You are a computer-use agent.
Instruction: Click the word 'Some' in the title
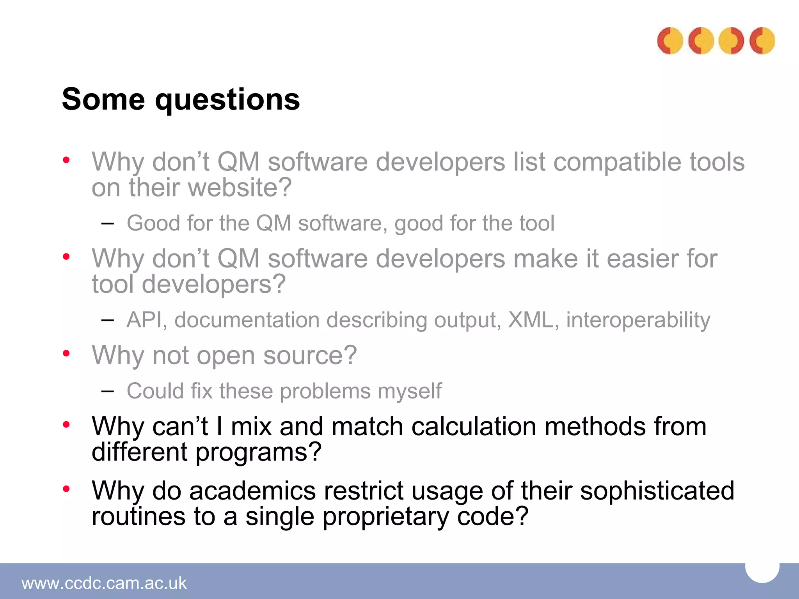tap(103, 99)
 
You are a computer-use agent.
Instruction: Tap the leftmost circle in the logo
tap(670, 41)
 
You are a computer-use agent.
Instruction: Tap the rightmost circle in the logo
tap(762, 41)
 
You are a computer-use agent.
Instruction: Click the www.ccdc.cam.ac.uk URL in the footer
tap(104, 583)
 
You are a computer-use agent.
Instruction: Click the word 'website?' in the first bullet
tap(240, 188)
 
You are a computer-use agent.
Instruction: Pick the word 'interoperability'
tap(638, 321)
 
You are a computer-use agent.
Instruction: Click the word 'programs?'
tap(258, 452)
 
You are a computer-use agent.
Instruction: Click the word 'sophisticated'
tap(657, 491)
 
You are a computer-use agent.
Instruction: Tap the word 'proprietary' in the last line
tap(386, 517)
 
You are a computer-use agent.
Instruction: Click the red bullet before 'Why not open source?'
tap(66, 353)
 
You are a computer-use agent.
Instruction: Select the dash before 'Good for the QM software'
tap(107, 223)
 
